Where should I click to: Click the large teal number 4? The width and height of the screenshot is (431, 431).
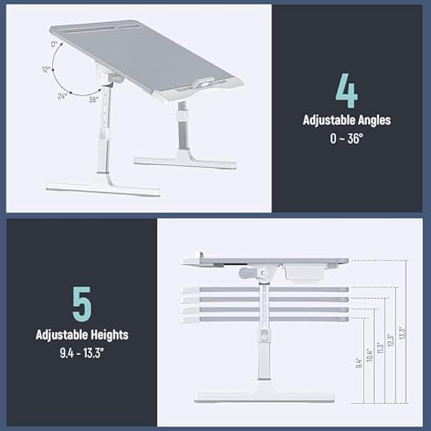point(347,91)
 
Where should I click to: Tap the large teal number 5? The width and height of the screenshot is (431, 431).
point(82,304)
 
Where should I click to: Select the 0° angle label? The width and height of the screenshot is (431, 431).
point(55,44)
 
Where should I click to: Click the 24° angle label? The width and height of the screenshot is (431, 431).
point(61,96)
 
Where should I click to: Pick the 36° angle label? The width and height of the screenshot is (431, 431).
point(93,100)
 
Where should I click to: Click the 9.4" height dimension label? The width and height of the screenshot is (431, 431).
point(359,363)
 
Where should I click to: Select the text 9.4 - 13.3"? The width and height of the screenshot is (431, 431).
point(82,351)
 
